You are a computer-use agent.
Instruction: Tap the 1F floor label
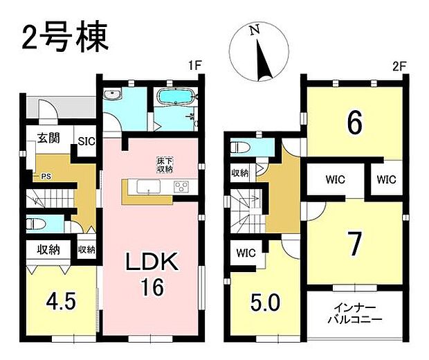[x=194, y=66]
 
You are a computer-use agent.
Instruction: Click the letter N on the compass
[x=254, y=31]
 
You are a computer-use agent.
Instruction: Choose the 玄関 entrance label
[x=48, y=138]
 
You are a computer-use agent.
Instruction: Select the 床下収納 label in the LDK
[x=164, y=165]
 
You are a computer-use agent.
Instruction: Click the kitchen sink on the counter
[x=147, y=186]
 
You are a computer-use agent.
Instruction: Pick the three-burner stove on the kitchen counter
[x=180, y=186]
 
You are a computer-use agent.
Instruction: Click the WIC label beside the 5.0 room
[x=246, y=253]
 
